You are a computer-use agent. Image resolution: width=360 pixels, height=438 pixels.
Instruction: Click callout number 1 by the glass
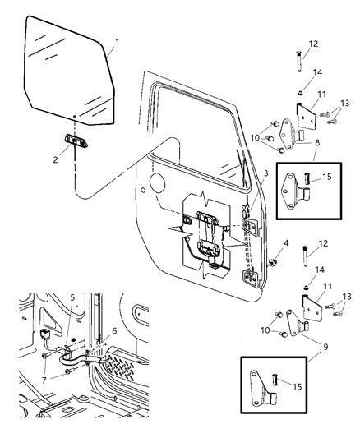click(x=118, y=42)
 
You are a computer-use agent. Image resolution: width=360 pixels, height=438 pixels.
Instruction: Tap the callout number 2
click(x=56, y=160)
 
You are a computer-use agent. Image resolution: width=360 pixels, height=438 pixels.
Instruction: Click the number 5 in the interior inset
click(x=72, y=298)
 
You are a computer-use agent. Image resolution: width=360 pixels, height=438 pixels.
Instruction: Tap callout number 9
click(x=316, y=349)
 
